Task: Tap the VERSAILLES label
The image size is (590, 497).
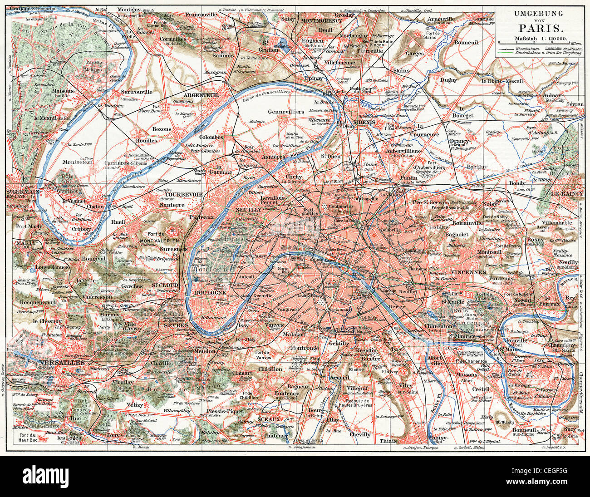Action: point(62,363)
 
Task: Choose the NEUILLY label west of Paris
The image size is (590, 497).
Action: point(249,211)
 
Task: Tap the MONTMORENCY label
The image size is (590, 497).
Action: point(322,21)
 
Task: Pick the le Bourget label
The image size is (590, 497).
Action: point(466,112)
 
